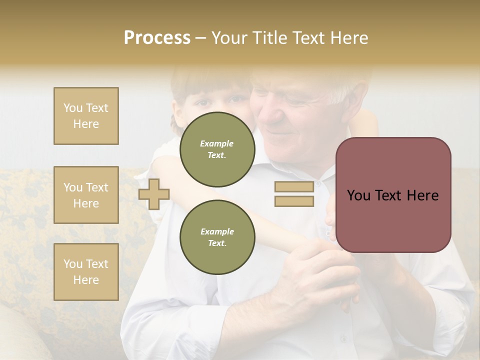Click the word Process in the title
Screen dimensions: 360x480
click(x=157, y=38)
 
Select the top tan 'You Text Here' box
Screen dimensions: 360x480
click(x=86, y=116)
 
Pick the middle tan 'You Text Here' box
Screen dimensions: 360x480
click(x=86, y=195)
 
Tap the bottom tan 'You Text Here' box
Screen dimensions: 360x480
click(x=86, y=271)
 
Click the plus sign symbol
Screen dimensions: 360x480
click(x=154, y=194)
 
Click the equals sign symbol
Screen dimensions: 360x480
click(x=294, y=194)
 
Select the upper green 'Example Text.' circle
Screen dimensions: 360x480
click(x=217, y=149)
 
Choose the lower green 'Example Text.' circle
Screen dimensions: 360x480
click(x=217, y=237)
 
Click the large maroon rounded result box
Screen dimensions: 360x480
click(x=393, y=195)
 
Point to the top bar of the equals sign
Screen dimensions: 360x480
click(x=294, y=187)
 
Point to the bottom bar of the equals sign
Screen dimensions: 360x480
click(x=294, y=201)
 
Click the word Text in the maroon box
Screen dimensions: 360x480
click(x=392, y=195)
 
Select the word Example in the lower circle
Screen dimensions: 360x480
click(x=217, y=231)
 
